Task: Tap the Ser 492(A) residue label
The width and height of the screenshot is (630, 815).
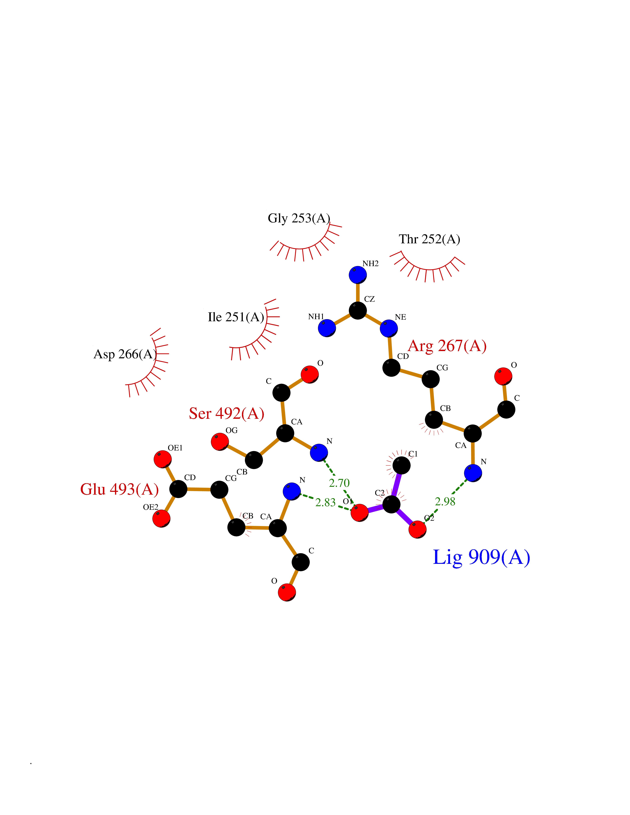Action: [x=227, y=413]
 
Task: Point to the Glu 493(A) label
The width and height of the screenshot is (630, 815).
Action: [x=119, y=489]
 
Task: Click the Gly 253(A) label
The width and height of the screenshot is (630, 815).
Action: [x=299, y=218]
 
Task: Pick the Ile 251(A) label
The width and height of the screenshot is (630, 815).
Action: [x=236, y=317]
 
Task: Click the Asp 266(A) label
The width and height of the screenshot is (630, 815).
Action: [x=125, y=354]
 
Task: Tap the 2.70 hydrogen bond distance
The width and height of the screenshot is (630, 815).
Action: [x=339, y=483]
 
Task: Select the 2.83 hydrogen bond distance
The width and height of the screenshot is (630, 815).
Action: [x=325, y=503]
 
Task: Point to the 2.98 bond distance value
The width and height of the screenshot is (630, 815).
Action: [x=445, y=502]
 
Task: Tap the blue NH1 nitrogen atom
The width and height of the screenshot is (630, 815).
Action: [x=327, y=328]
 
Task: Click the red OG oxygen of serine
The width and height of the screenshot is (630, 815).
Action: [x=220, y=442]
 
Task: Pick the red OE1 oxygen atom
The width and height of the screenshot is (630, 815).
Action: [x=163, y=459]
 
